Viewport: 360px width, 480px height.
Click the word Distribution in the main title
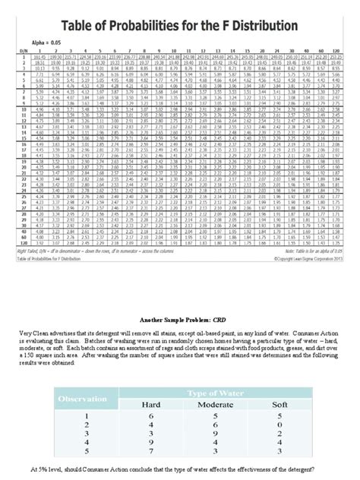click(254, 27)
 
